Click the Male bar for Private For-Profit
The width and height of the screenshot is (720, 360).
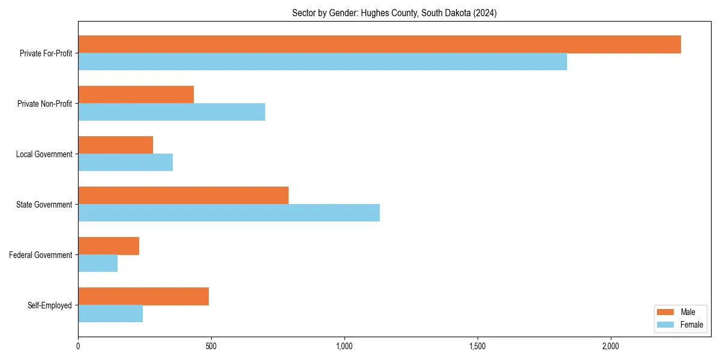[379, 44]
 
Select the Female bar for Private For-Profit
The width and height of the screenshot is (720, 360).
[322, 62]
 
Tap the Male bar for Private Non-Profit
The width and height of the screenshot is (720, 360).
[136, 95]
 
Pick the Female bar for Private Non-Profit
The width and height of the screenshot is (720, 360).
[172, 112]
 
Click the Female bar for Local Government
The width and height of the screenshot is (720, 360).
[125, 163]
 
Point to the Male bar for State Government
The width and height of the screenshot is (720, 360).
[183, 196]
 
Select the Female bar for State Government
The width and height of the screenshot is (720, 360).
[229, 213]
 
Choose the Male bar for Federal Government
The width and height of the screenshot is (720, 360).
[109, 246]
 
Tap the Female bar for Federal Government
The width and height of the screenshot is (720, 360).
[98, 263]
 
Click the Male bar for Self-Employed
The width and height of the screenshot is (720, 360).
[143, 296]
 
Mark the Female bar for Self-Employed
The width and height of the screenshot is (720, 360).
[110, 314]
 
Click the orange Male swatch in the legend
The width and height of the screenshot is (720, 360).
[666, 312]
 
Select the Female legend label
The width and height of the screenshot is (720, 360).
[692, 325]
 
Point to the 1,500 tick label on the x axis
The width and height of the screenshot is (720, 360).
[478, 346]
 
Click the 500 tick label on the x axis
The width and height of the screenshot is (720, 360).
[211, 346]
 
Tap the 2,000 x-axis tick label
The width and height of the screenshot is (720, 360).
[611, 346]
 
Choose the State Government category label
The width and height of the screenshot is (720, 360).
[44, 205]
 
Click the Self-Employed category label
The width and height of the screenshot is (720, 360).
[50, 305]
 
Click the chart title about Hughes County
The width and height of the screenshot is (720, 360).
[394, 13]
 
